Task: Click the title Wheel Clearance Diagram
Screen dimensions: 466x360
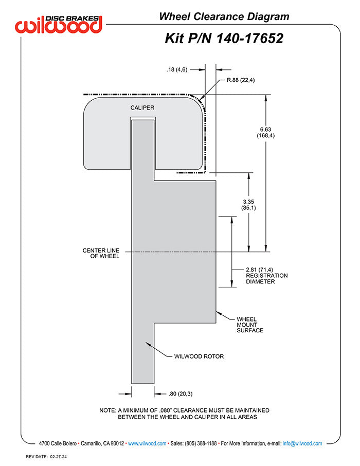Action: pyautogui.click(x=224, y=16)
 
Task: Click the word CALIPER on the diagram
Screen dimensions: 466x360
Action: pyautogui.click(x=142, y=107)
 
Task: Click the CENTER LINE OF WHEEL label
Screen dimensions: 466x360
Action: pyautogui.click(x=101, y=253)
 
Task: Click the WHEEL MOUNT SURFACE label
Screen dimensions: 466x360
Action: pyautogui.click(x=249, y=325)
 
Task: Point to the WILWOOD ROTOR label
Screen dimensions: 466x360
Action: pyautogui.click(x=200, y=356)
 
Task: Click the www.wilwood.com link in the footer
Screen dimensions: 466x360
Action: pyautogui.click(x=147, y=443)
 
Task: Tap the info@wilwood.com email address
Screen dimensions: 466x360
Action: pyautogui.click(x=302, y=443)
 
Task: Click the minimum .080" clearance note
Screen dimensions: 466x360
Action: pyautogui.click(x=184, y=414)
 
